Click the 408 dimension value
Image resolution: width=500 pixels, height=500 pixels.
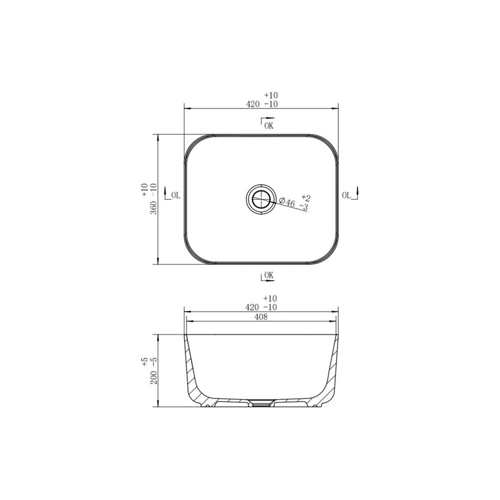pos(261,317)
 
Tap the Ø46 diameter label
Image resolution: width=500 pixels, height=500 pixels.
pos(287,202)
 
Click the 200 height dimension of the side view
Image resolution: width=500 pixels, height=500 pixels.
pos(154,378)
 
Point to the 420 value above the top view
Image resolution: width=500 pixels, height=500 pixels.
pos(252,104)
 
